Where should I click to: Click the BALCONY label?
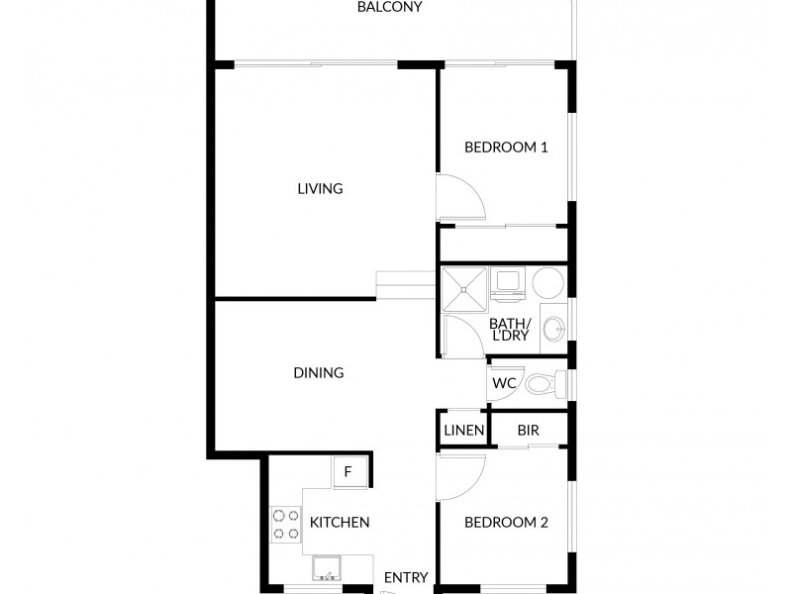(390, 7)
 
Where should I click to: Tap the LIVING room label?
(320, 188)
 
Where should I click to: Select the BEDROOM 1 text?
(506, 148)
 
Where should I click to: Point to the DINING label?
(318, 373)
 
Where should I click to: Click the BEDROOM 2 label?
(506, 523)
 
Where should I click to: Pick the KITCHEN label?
(340, 523)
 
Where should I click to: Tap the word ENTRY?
(406, 578)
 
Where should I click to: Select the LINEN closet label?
(463, 431)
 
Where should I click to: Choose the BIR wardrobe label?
(528, 431)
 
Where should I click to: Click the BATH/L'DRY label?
(511, 330)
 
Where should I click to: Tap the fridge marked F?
(347, 471)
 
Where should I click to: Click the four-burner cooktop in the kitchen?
(286, 525)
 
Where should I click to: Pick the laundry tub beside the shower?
(509, 283)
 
